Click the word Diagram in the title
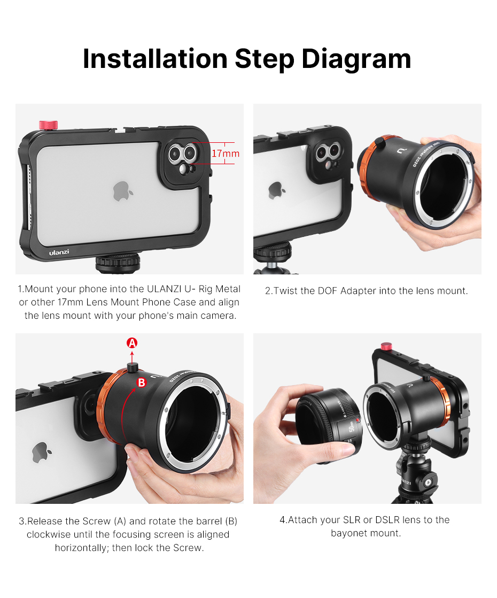coord(356,59)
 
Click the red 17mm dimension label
coord(226,154)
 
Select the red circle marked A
coord(132,343)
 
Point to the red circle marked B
coord(142,382)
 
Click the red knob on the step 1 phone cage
coord(49,125)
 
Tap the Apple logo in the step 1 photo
coord(122,191)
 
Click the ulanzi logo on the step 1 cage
coord(59,252)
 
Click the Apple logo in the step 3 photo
coord(41,453)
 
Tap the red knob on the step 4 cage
coord(386,346)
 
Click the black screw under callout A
coord(132,367)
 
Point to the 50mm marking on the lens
coord(352,426)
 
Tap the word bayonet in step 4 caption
coord(347,533)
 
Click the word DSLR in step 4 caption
coord(387,520)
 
